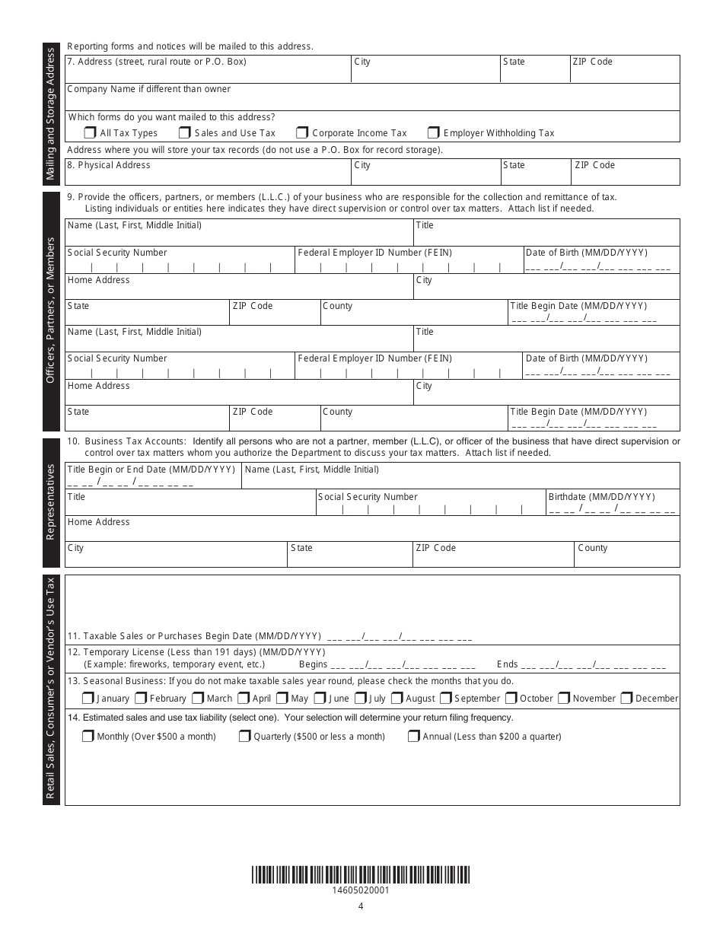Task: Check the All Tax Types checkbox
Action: [x=90, y=132]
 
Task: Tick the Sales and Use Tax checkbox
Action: [x=184, y=132]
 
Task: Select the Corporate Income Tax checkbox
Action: [x=302, y=132]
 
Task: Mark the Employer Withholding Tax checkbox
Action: [x=433, y=132]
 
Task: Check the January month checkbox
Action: [x=88, y=698]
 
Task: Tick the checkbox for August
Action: [x=396, y=698]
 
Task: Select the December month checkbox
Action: [x=626, y=698]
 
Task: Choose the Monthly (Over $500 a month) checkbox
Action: [x=88, y=736]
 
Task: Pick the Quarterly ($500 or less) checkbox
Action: [x=244, y=736]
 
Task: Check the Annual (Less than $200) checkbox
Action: [x=413, y=736]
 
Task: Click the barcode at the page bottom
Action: [x=361, y=874]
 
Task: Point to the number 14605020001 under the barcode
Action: [x=361, y=890]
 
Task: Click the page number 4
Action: [x=361, y=906]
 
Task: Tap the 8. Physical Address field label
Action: [x=109, y=165]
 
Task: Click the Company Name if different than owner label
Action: [x=149, y=89]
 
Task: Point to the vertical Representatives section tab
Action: [x=51, y=502]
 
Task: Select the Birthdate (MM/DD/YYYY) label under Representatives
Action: [x=601, y=497]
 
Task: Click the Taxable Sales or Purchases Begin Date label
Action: [x=194, y=636]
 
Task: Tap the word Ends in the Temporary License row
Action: [x=507, y=664]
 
